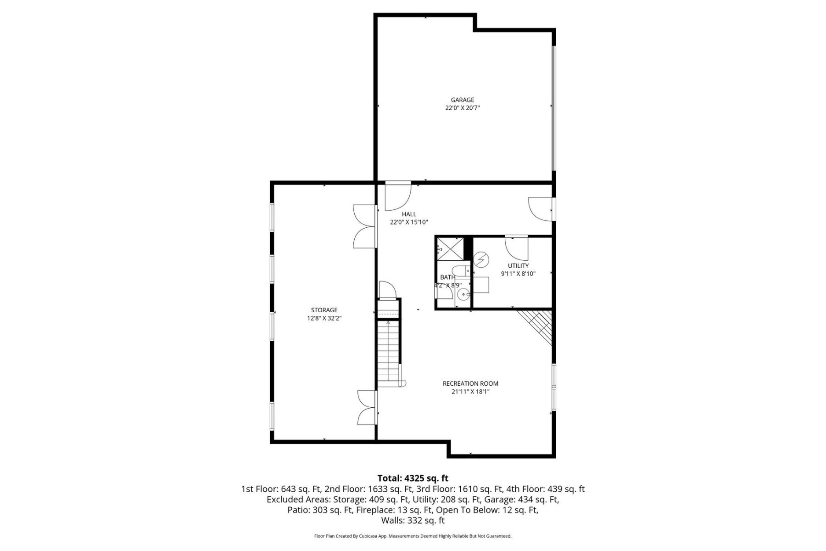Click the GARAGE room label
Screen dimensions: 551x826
pos(462,100)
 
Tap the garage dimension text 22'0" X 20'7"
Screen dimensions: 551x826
pos(462,108)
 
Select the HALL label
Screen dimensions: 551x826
pos(409,214)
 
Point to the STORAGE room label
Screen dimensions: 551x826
pos(324,310)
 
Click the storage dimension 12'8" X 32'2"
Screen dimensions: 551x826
pos(324,318)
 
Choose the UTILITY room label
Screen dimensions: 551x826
pos(518,266)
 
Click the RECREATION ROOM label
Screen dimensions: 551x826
pos(470,383)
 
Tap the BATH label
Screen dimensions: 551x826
pos(447,277)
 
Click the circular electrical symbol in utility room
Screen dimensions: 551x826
pos(481,260)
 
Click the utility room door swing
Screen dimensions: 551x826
pos(517,248)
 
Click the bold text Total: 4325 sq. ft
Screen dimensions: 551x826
pos(413,478)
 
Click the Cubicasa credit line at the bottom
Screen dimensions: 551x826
pos(413,536)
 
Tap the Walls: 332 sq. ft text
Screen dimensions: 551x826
pos(413,520)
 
